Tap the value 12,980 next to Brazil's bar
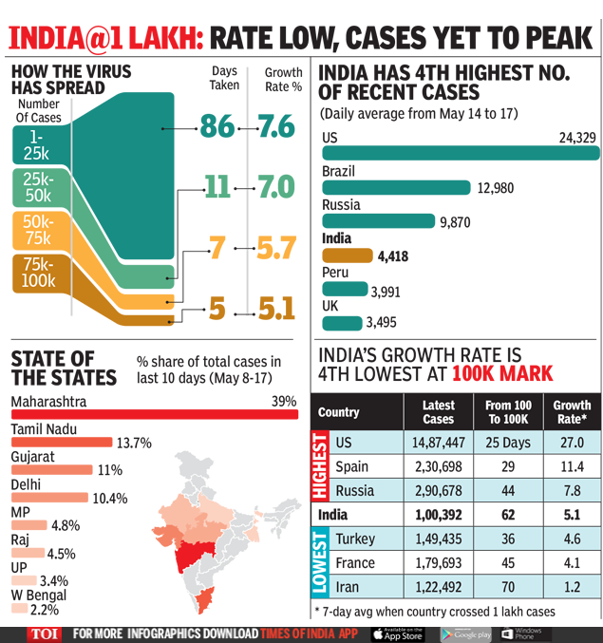click(x=495, y=188)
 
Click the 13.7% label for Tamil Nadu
click(x=134, y=443)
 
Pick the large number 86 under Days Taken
click(x=217, y=125)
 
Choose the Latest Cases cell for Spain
click(x=438, y=467)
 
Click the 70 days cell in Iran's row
click(x=508, y=587)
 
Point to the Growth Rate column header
click(x=572, y=412)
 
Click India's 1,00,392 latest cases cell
click(x=438, y=515)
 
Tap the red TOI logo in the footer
click(x=41, y=634)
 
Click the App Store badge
click(x=396, y=634)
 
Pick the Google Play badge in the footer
click(x=465, y=634)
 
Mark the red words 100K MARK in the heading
click(x=501, y=372)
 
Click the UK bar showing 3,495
click(x=343, y=322)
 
